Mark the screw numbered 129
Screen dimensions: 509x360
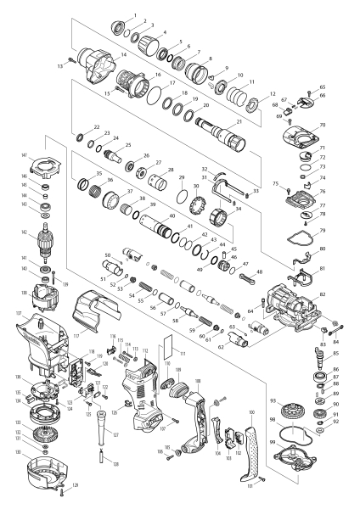(x=66, y=489)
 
